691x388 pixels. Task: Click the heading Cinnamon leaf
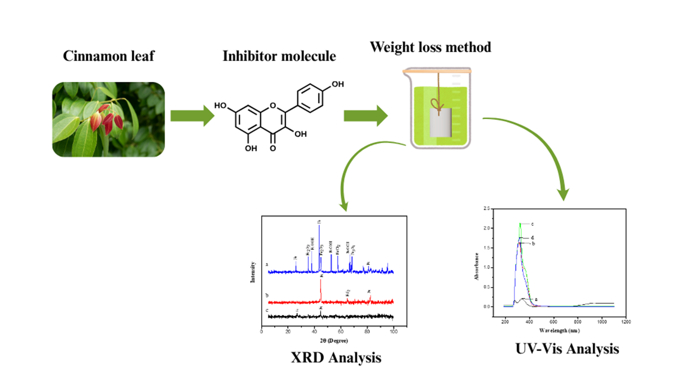tap(109, 57)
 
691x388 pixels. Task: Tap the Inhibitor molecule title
tap(279, 57)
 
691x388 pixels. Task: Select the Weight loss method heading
tap(430, 47)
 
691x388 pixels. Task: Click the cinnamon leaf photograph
tap(109, 120)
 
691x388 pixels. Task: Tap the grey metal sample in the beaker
tap(441, 122)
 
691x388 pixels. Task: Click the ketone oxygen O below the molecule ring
tap(272, 147)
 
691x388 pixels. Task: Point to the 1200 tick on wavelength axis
tap(626, 322)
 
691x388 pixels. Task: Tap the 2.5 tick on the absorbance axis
tap(487, 208)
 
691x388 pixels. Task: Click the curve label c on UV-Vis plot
tap(532, 224)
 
